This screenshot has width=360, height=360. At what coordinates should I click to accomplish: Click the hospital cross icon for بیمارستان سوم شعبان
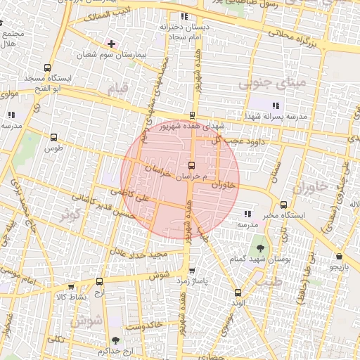click(x=111, y=44)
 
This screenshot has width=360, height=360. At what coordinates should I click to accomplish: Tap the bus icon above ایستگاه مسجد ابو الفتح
click(x=47, y=69)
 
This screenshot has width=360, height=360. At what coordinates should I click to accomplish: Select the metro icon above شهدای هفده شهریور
click(x=192, y=115)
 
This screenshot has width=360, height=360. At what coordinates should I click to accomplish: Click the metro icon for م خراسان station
click(x=193, y=165)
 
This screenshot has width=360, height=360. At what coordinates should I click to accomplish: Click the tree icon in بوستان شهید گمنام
click(x=260, y=248)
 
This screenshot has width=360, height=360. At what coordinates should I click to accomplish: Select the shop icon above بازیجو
click(x=340, y=257)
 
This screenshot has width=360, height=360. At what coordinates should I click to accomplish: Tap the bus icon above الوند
click(x=237, y=292)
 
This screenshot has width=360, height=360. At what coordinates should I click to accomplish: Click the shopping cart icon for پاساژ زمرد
click(x=191, y=270)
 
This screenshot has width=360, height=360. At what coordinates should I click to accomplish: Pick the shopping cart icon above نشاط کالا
click(x=71, y=287)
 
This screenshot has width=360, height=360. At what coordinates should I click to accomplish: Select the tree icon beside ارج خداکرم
click(x=125, y=341)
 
